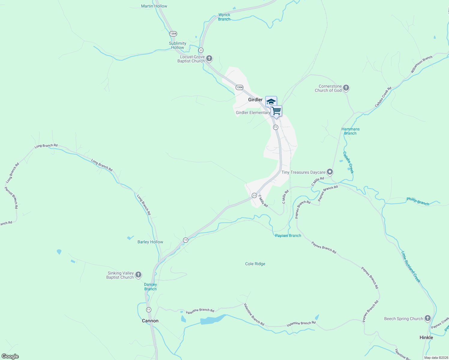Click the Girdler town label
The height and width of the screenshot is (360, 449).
255,100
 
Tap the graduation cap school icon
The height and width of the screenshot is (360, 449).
271,102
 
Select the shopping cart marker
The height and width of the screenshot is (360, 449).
276,111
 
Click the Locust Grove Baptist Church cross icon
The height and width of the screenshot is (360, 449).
209,58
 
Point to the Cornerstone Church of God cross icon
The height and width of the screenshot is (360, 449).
346,88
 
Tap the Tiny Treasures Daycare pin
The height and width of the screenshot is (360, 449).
330,172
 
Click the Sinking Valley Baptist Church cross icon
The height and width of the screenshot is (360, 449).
138,274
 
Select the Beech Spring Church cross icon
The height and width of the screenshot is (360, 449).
428,318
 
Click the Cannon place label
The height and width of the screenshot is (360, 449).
150,321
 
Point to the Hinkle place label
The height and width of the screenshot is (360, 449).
426,337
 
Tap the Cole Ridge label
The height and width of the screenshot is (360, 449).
255,264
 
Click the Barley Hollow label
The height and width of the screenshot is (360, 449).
150,242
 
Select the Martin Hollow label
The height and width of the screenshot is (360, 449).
154,6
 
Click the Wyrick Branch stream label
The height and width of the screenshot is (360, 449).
224,17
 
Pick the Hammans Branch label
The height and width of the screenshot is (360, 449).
350,131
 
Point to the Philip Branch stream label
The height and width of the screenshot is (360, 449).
418,201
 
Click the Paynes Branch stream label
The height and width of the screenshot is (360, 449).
288,235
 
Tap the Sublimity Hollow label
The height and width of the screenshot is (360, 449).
177,45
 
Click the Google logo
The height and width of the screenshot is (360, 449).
10,356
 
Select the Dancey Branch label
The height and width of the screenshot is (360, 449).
150,286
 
